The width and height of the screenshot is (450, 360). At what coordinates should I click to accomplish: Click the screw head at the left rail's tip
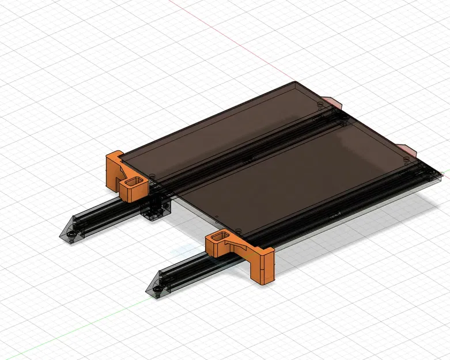tap(71, 236)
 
